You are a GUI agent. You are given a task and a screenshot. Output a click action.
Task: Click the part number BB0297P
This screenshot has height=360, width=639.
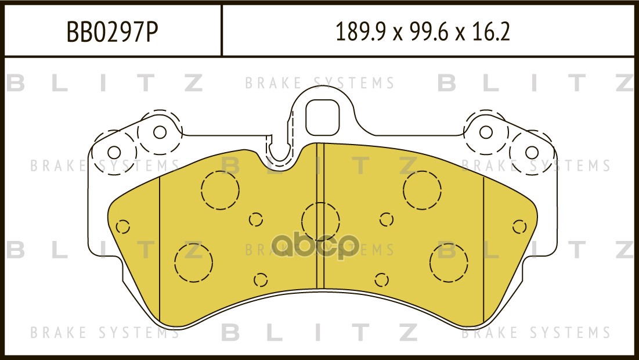tap(112, 32)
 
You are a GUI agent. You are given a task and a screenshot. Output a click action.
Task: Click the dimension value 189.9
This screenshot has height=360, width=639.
tap(360, 32)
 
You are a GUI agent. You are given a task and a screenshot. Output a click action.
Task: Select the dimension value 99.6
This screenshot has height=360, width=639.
tap(428, 32)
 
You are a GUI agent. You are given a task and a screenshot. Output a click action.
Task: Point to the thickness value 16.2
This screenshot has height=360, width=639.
tap(491, 32)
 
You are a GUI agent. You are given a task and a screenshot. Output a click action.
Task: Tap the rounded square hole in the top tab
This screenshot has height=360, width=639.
tap(322, 118)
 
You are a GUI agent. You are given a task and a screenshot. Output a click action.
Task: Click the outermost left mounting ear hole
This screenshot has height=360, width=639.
tap(114, 153)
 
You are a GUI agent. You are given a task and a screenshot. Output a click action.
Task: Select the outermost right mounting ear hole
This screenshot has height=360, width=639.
tap(532, 153)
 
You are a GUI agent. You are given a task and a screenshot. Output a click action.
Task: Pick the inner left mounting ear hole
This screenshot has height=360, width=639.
tap(160, 132)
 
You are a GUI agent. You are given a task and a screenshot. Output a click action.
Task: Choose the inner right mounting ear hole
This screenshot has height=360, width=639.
tap(486, 132)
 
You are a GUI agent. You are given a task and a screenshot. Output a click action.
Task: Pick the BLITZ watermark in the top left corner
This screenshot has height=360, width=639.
tap(104, 83)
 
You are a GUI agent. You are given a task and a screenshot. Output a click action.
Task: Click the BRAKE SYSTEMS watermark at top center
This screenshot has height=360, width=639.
tap(319, 83)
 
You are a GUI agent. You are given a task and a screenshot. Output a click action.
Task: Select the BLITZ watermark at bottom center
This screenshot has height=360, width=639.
tap(319, 332)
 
